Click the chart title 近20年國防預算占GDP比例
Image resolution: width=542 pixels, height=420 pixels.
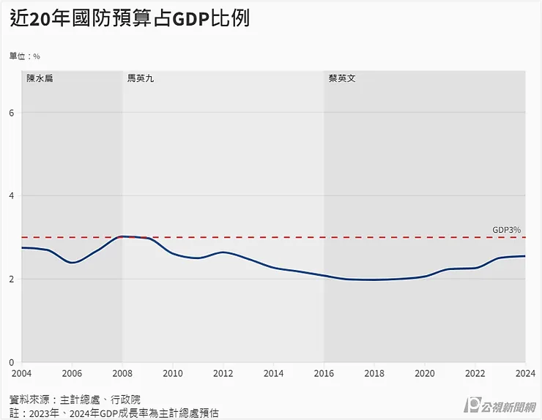(130, 19)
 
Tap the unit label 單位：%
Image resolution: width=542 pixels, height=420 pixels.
(24, 56)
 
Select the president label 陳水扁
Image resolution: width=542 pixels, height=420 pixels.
(40, 78)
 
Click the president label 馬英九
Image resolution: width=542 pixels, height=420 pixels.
(141, 78)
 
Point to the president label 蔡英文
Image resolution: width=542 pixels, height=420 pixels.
(342, 78)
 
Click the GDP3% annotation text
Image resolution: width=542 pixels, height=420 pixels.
(506, 230)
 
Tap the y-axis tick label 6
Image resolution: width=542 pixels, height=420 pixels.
(12, 113)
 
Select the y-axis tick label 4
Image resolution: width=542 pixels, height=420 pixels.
(12, 195)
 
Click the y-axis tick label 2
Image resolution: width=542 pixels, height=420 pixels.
(12, 279)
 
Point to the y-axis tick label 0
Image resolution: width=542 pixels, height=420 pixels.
(12, 362)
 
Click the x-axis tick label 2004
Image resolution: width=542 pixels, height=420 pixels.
(22, 373)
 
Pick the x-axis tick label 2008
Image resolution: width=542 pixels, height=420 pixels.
(122, 373)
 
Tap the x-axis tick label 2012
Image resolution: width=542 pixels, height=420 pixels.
(223, 373)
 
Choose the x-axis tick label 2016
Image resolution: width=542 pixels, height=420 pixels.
(324, 373)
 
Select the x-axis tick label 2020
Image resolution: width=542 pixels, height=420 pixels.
(425, 373)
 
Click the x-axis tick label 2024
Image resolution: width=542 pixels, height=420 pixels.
(525, 373)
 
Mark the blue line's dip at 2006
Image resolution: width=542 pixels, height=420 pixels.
(73, 263)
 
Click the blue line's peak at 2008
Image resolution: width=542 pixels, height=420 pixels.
(123, 236)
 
